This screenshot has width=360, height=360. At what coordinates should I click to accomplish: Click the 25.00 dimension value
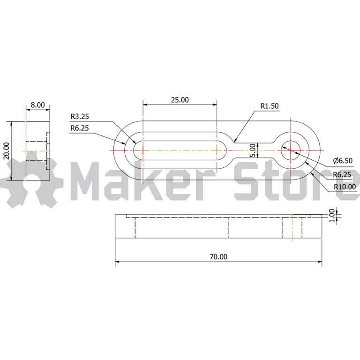point(180,100)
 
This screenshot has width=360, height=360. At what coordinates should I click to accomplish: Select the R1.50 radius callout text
point(270,106)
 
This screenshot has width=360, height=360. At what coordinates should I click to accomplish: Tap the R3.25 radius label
point(80,117)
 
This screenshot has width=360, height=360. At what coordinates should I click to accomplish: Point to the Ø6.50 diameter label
point(343,161)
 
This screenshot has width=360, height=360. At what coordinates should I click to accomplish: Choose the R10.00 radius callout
point(345,187)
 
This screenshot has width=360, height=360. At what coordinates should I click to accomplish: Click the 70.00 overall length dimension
point(218,257)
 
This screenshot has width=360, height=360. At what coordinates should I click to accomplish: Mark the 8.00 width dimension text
point(38,105)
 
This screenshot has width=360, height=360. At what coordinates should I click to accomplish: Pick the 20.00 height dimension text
point(7,151)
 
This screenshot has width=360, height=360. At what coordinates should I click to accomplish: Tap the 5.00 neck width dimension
point(252,150)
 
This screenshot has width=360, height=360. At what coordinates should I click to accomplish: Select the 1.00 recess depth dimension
point(332,216)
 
